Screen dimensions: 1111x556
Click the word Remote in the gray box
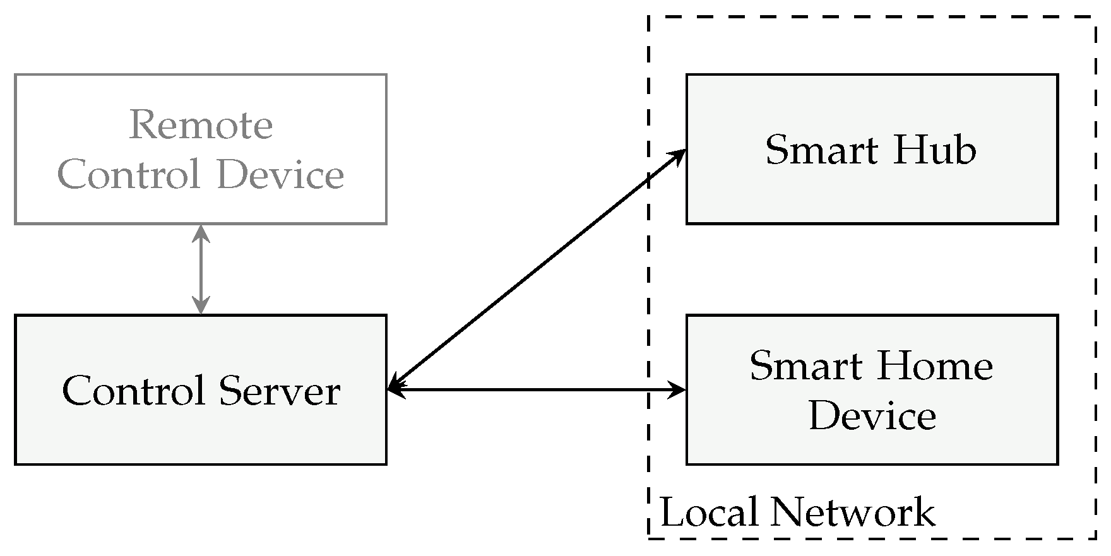coord(201,125)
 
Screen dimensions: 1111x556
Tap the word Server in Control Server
coord(280,391)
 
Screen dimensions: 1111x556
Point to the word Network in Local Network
coord(853,512)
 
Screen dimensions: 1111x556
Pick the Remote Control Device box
coord(201,202)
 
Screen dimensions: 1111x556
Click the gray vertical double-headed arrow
coord(201,269)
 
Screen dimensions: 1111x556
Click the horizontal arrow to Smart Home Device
coord(537,391)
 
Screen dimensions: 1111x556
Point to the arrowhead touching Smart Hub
coord(679,155)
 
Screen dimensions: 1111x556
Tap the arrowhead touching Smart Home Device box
coord(679,391)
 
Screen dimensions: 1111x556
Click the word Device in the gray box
coord(280,175)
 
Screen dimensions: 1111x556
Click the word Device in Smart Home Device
coord(872,416)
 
